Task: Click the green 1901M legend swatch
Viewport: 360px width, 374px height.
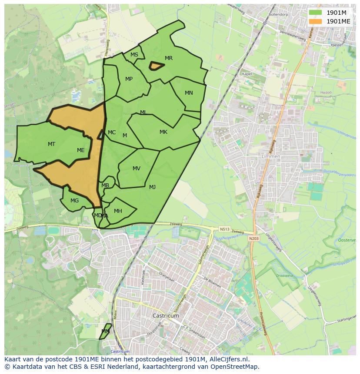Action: (316, 13)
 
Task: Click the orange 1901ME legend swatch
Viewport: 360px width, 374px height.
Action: (316, 21)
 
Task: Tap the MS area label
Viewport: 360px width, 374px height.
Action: (134, 55)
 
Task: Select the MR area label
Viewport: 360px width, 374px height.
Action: (169, 58)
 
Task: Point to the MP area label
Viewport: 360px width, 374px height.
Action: (129, 79)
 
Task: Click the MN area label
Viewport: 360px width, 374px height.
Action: (189, 93)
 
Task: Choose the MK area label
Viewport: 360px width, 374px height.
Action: (163, 132)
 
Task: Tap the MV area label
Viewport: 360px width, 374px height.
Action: (137, 169)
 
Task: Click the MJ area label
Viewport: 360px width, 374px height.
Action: (152, 187)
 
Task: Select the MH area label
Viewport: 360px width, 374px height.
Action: (118, 211)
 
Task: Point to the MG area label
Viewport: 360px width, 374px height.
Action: (75, 201)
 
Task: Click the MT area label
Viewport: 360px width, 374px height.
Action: (51, 144)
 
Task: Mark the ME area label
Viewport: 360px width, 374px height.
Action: (81, 150)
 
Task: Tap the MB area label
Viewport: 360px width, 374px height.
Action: (105, 185)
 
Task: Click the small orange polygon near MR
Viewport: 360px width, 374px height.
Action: (157, 66)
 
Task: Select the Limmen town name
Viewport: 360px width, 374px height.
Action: (271, 156)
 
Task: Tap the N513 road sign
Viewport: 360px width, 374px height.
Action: (224, 229)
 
